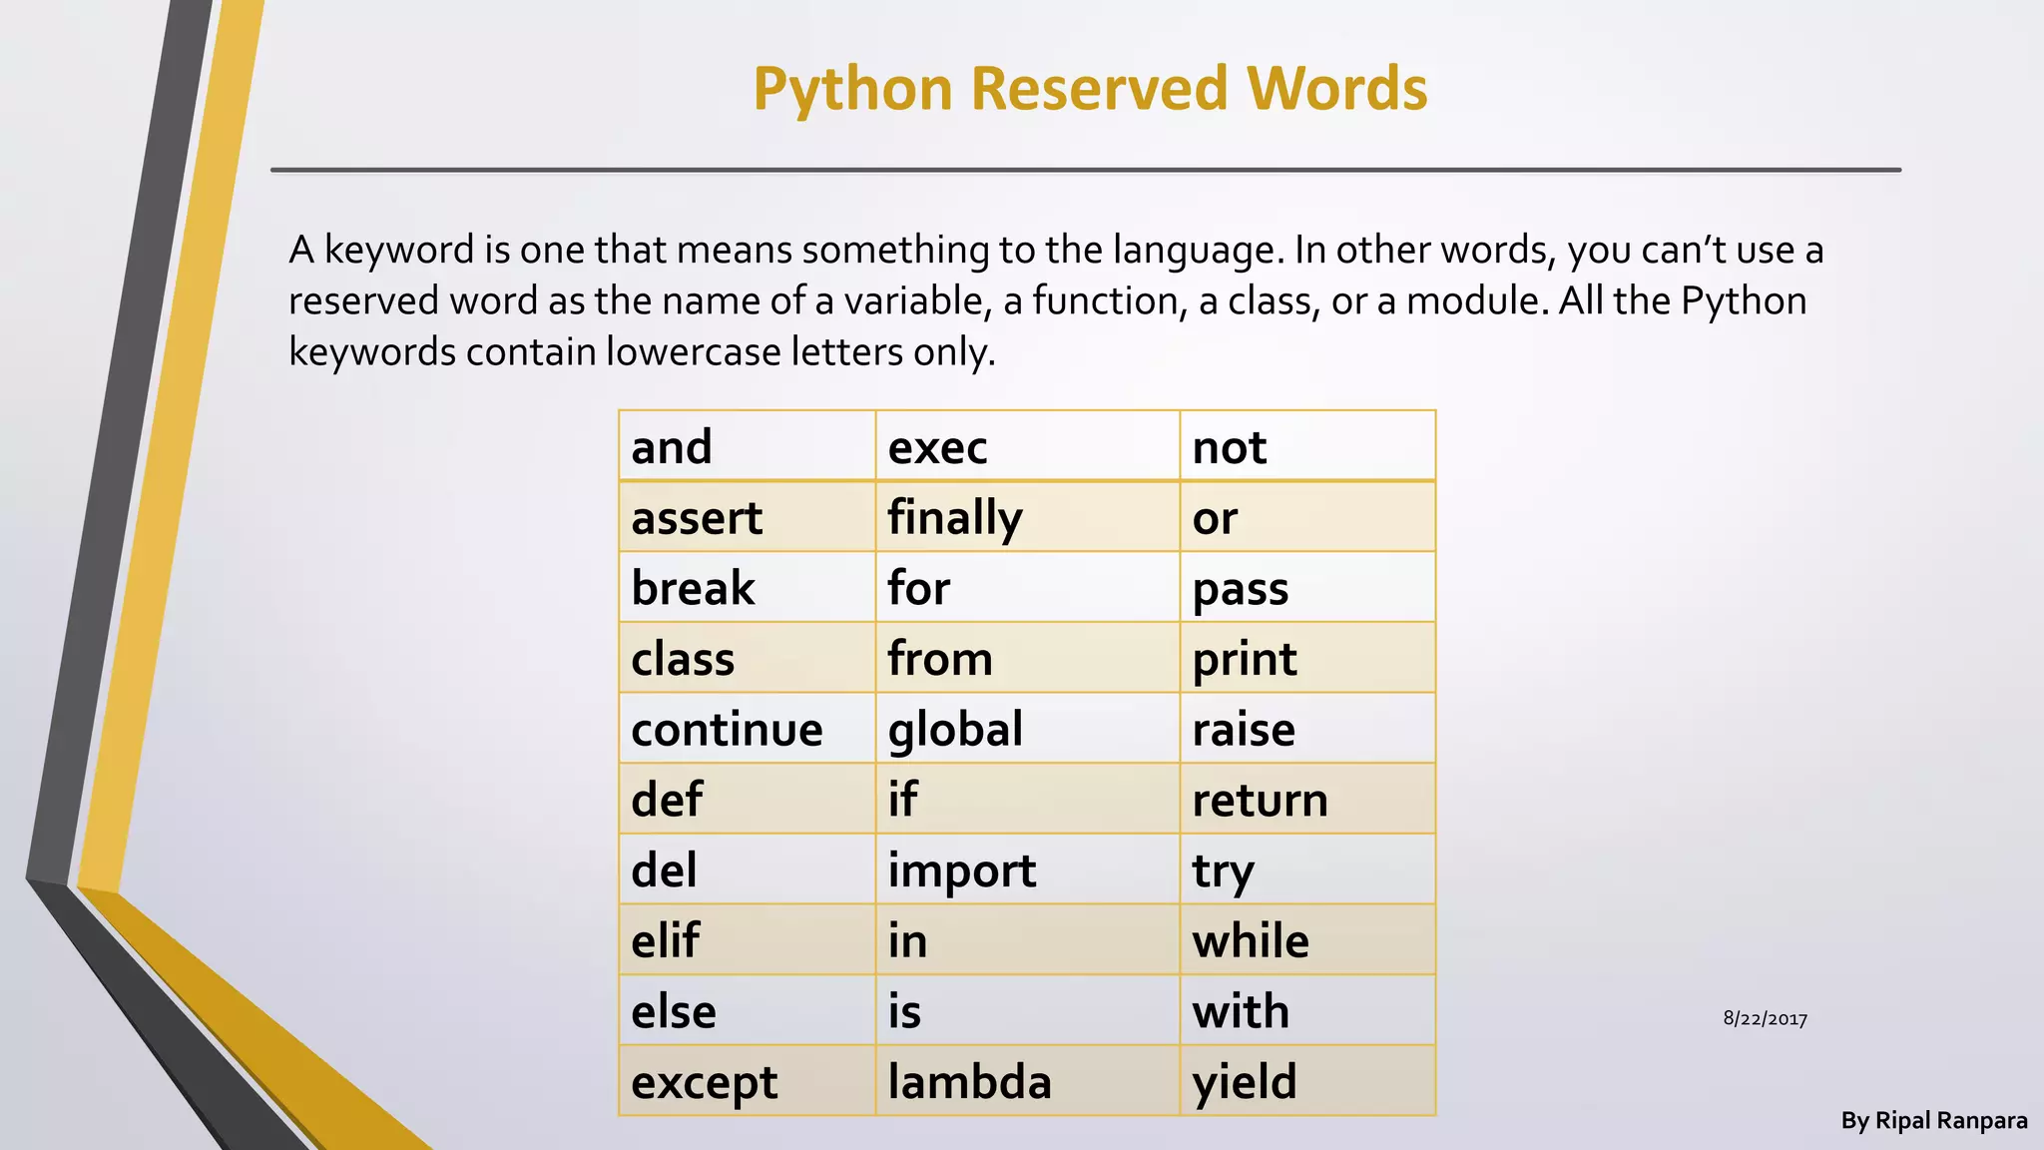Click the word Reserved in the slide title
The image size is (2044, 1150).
[x=1098, y=88]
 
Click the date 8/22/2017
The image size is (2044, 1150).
[x=1765, y=1019]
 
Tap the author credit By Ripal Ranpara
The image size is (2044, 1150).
[x=1933, y=1121]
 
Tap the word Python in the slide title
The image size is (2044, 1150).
[x=853, y=88]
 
